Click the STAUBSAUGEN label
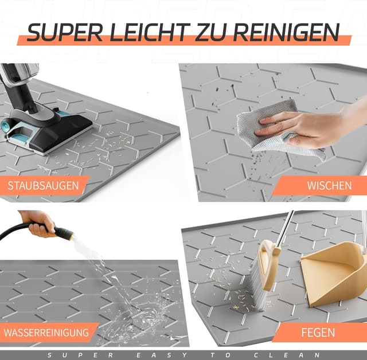(x=45, y=186)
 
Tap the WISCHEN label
(x=329, y=186)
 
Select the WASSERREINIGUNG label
(x=46, y=332)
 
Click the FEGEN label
(x=319, y=332)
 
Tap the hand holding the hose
(x=38, y=222)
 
